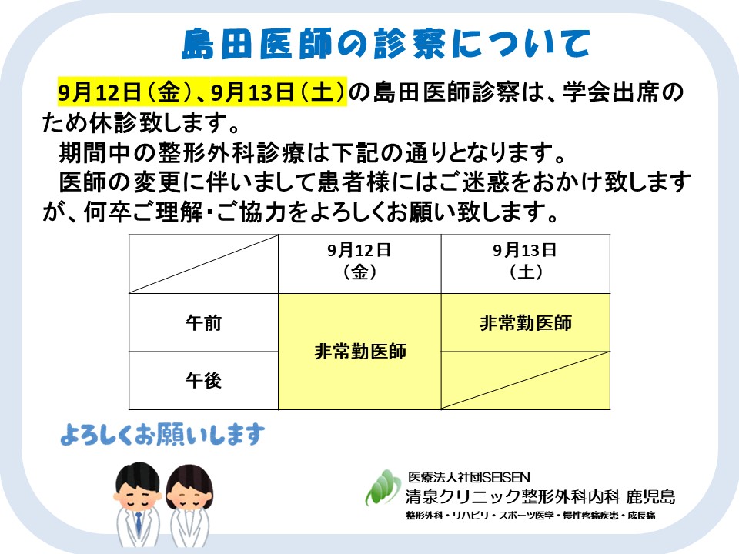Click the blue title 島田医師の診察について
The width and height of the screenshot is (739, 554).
pos(386,44)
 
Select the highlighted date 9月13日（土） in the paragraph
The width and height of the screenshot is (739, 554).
pos(279,92)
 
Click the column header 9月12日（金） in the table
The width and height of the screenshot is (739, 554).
pos(359,261)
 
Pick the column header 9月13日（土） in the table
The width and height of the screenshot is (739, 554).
pos(525,261)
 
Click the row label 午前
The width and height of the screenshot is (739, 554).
pos(203,323)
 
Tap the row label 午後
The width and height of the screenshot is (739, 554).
pos(203,380)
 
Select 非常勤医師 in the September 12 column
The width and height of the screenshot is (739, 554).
pos(360,352)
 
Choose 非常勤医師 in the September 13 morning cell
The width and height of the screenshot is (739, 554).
pos(526,323)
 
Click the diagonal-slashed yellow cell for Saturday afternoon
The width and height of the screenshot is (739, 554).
pos(526,380)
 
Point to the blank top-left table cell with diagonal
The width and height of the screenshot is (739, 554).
pos(203,264)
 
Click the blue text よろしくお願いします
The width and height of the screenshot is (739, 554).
pos(162,434)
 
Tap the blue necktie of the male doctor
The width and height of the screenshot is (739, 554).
pos(139,523)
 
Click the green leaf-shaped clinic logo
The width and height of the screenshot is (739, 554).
pos(383,488)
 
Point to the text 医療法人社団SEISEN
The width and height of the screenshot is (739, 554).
pos(469,477)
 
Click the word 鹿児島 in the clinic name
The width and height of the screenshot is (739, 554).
pos(651,496)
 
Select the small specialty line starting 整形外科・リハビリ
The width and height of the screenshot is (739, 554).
pos(530,516)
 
